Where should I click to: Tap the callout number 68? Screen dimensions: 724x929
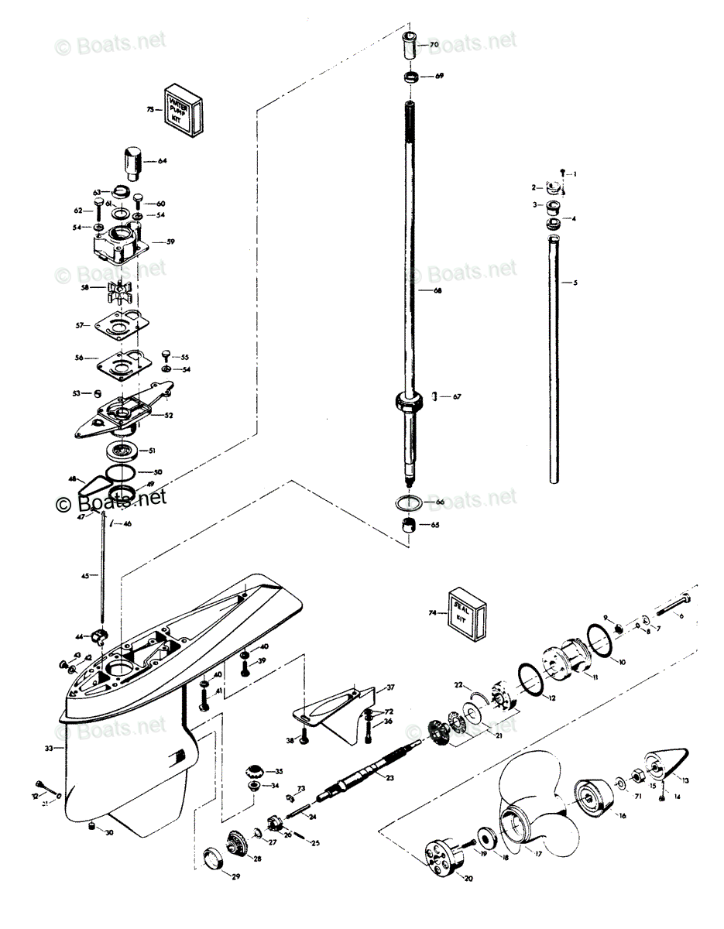tap(437, 290)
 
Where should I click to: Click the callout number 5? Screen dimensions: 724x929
tap(575, 283)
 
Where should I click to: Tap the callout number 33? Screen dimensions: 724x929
tap(49, 749)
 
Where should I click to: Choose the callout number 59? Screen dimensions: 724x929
tap(170, 242)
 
